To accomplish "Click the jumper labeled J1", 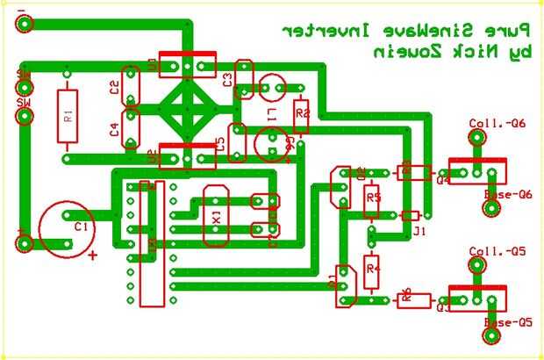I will (x=411, y=216).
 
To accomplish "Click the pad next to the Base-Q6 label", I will (x=491, y=208).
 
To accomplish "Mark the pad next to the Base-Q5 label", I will (x=490, y=335).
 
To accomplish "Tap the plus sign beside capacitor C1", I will (x=94, y=256).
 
